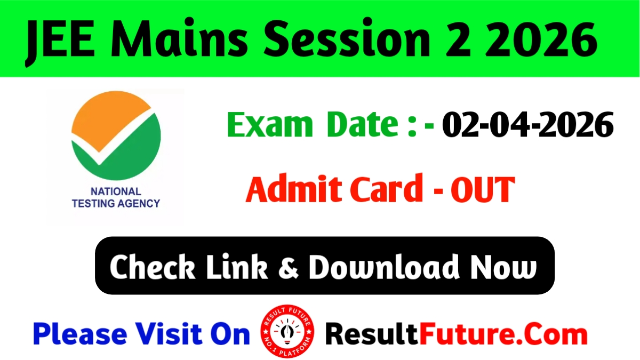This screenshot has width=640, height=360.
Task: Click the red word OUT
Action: point(483,189)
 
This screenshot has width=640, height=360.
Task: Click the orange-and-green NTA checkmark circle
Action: point(116,139)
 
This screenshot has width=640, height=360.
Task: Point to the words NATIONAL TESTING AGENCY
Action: point(116,197)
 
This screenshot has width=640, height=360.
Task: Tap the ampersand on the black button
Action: point(289,267)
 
